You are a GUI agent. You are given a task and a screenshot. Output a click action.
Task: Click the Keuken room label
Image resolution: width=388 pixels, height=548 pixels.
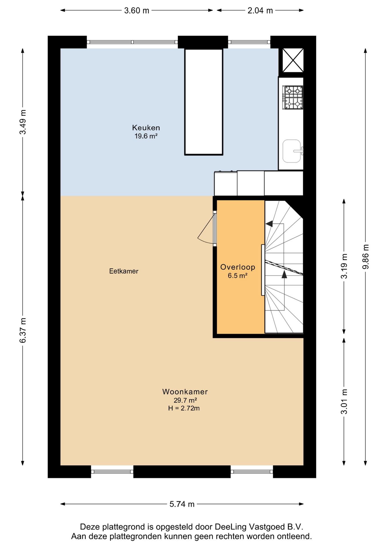point(146,128)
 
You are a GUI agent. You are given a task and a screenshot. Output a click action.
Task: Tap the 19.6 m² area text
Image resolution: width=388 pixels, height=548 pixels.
point(146,136)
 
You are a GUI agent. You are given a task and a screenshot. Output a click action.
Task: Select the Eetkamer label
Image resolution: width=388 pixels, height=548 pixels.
point(124,271)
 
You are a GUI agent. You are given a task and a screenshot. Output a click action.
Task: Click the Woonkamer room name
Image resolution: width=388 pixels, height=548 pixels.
point(185,392)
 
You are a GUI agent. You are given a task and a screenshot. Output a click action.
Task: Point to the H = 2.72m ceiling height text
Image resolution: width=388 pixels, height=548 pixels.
point(184,408)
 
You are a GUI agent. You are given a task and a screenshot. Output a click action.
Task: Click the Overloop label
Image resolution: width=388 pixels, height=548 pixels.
point(237,267)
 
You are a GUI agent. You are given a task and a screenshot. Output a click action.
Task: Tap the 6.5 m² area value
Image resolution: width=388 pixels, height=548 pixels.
point(237,276)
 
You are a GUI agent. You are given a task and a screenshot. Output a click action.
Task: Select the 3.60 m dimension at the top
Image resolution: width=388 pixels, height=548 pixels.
point(137,11)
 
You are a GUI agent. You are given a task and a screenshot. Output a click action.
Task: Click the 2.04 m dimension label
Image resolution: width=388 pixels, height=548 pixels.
point(260,11)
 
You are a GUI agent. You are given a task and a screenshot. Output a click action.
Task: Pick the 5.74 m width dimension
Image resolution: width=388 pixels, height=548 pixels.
point(182,504)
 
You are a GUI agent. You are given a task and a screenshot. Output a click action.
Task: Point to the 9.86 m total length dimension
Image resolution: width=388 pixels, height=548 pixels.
point(365,257)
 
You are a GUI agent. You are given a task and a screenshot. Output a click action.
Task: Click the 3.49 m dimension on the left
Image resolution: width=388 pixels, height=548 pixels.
point(23,122)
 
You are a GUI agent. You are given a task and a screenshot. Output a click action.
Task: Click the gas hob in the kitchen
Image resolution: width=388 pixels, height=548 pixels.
point(293,97)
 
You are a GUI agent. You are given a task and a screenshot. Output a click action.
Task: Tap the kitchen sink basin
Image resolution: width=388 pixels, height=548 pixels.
point(292,151)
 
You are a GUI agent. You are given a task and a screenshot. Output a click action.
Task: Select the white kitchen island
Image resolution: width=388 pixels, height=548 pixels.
point(203,102)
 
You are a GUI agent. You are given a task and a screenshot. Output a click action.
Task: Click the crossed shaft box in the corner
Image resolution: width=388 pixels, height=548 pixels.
point(293,60)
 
